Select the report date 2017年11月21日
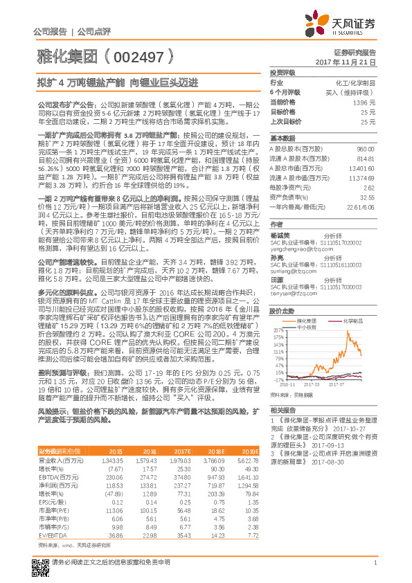coord(346,62)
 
